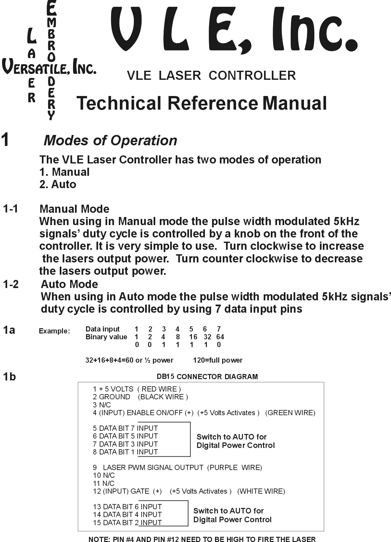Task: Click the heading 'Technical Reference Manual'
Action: tap(201, 103)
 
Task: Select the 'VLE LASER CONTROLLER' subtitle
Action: tap(211, 76)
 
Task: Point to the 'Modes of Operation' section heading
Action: tap(110, 140)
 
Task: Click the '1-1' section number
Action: tap(11, 209)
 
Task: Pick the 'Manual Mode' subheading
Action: tap(74, 209)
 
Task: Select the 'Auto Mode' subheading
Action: tap(69, 284)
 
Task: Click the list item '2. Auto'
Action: tap(58, 184)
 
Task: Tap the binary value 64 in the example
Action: tap(220, 337)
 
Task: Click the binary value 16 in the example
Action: tap(193, 337)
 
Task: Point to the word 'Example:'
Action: tap(54, 331)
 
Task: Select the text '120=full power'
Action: tap(218, 360)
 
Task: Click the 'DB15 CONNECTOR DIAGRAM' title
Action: tap(207, 377)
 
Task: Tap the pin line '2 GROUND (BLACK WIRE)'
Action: tap(140, 397)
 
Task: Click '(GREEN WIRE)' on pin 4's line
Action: tap(290, 413)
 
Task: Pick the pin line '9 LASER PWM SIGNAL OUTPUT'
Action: tap(177, 467)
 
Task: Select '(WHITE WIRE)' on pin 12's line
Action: tap(261, 491)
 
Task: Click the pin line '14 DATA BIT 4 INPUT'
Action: tap(127, 514)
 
